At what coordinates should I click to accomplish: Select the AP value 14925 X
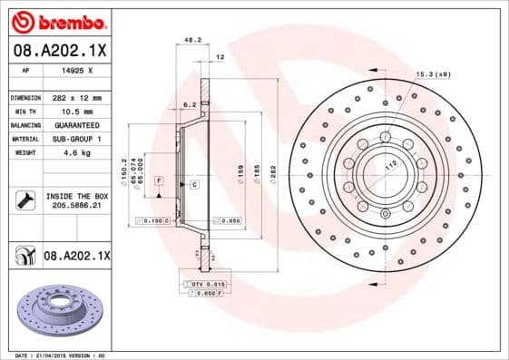tap(74, 70)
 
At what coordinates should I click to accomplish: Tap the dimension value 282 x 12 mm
tap(76, 97)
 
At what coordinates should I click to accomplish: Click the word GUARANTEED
tap(75, 125)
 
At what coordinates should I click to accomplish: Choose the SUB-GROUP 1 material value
tap(75, 139)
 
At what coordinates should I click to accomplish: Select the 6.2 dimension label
tap(190, 105)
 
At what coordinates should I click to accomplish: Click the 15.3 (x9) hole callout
tap(434, 74)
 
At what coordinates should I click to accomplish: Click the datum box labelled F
tap(159, 181)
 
